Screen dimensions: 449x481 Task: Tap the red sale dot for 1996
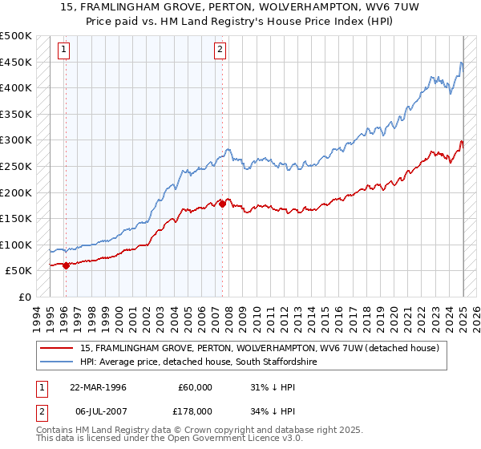coord(66,265)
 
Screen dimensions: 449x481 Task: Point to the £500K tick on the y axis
coord(16,36)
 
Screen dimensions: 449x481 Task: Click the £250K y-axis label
coord(16,166)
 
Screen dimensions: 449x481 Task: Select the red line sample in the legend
coord(56,349)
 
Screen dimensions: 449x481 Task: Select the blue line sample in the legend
coord(56,362)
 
